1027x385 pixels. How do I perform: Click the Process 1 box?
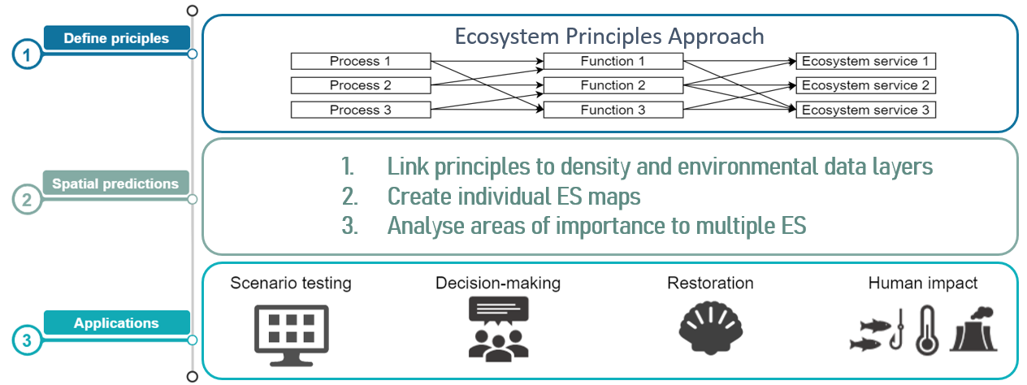(x=361, y=61)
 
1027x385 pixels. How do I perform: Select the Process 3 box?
(x=361, y=110)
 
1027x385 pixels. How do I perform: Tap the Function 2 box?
(x=613, y=85)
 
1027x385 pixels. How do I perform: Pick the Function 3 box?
(x=613, y=110)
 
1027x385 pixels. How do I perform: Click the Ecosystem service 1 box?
(x=865, y=61)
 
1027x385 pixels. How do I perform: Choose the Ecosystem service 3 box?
(x=865, y=110)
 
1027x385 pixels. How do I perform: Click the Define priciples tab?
(x=117, y=38)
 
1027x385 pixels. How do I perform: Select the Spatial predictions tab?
(x=116, y=184)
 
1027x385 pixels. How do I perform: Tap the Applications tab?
(x=117, y=322)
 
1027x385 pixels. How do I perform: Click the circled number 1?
(x=27, y=55)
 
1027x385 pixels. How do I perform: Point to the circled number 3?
(x=27, y=340)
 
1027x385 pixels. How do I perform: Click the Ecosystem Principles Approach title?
(x=609, y=37)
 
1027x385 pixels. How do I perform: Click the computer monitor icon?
(x=292, y=335)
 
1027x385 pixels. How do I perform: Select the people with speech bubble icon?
(x=498, y=329)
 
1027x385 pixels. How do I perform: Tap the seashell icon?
(x=711, y=327)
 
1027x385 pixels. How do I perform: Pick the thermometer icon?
(x=927, y=330)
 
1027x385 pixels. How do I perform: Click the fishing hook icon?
(x=897, y=330)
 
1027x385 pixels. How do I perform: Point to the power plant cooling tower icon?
(x=974, y=330)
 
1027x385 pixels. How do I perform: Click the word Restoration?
(x=710, y=283)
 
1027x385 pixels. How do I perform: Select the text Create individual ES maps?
(x=514, y=197)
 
